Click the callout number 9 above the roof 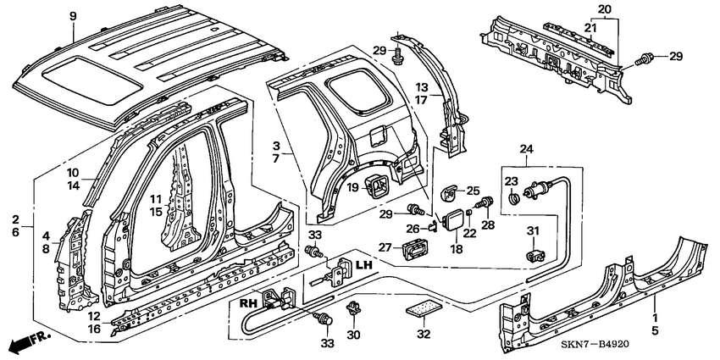(x=72, y=16)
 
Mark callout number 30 (x=354, y=335)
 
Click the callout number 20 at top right (x=603, y=8)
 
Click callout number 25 (x=473, y=191)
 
